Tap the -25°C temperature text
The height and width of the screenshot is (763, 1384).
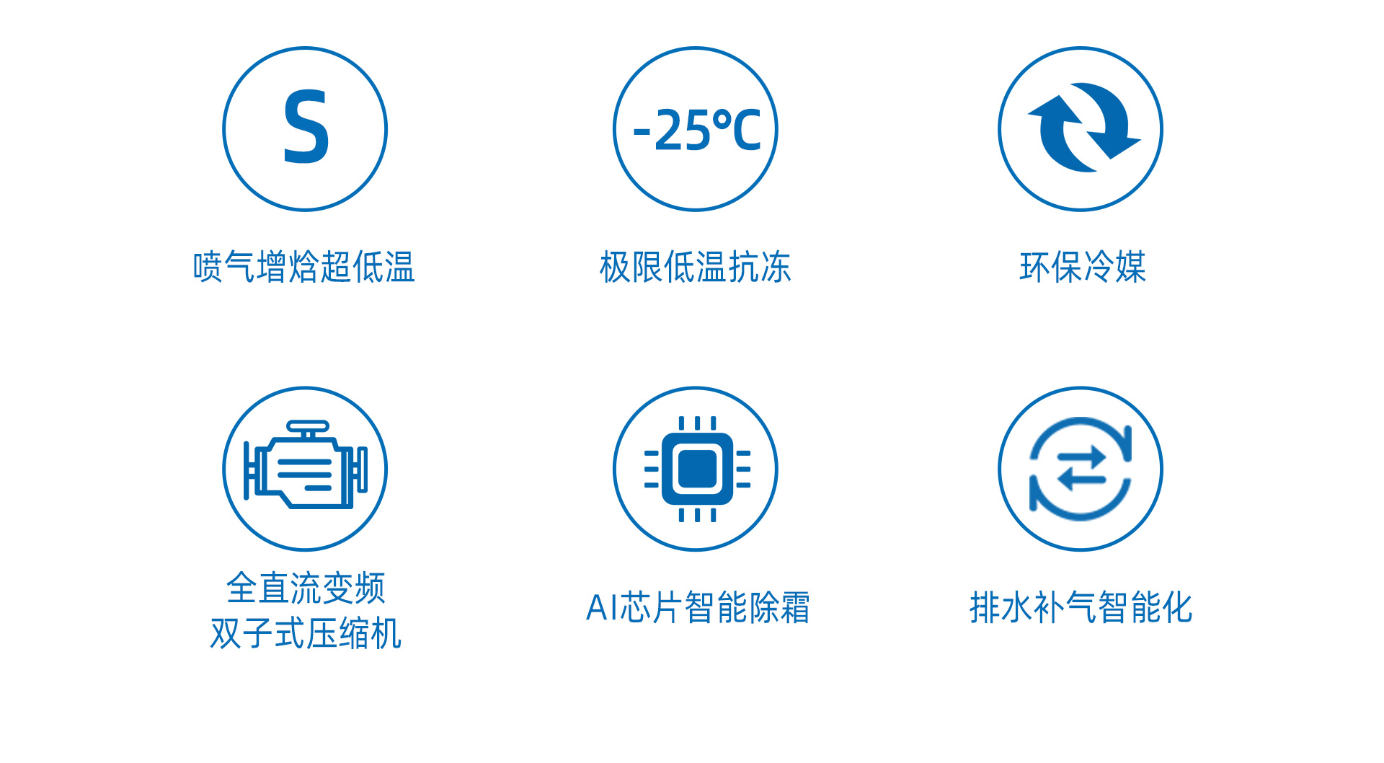click(697, 130)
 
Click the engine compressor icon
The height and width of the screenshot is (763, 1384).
click(306, 464)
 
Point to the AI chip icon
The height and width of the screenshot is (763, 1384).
click(697, 469)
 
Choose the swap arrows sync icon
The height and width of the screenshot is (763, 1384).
click(1081, 468)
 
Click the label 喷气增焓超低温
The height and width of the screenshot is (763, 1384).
click(304, 267)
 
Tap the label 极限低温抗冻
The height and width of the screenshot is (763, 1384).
click(696, 267)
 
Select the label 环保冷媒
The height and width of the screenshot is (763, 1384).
click(1083, 267)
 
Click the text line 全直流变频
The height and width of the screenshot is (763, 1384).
click(306, 588)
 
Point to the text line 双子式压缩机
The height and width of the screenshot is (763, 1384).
click(306, 633)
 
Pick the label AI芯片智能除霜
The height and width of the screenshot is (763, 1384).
click(698, 607)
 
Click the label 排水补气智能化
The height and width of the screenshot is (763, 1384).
click(1081, 607)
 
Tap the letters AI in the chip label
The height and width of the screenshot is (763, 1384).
click(602, 607)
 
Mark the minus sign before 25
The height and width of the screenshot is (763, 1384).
click(642, 133)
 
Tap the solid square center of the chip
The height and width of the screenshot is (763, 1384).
click(697, 469)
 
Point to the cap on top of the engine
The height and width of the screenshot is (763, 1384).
click(308, 426)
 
